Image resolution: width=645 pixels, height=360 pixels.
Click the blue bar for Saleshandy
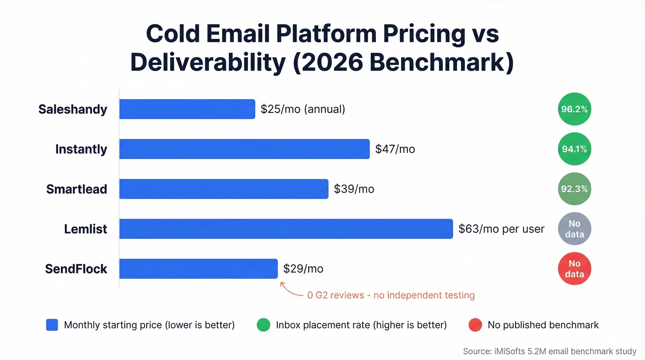click(187, 109)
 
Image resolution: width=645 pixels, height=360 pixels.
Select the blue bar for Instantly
click(244, 149)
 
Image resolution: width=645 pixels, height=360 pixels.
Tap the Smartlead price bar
click(223, 189)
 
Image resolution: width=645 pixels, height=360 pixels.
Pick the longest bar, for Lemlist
click(286, 229)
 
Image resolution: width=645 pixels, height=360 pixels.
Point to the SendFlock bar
click(198, 269)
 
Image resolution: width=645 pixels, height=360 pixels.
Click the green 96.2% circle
click(574, 109)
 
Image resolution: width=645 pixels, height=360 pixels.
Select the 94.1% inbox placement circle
click(574, 149)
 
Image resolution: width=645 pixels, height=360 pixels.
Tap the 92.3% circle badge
click(574, 189)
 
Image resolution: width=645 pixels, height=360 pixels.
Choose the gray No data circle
click(574, 229)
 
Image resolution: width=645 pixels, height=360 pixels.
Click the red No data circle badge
click(574, 269)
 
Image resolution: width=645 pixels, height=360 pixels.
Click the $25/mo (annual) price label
click(303, 109)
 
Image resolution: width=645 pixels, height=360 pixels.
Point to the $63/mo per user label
click(501, 229)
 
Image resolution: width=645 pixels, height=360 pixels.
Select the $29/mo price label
click(303, 269)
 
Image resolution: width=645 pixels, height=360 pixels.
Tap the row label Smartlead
click(76, 189)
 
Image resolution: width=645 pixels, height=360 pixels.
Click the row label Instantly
click(81, 149)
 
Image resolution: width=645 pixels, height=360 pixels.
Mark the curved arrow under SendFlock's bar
click(290, 289)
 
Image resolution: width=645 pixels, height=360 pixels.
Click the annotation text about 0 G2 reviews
click(391, 295)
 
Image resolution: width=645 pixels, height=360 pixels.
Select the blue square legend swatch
click(52, 325)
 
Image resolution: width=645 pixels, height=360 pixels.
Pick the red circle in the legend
click(475, 325)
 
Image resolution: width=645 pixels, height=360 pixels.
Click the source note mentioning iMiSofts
click(549, 351)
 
